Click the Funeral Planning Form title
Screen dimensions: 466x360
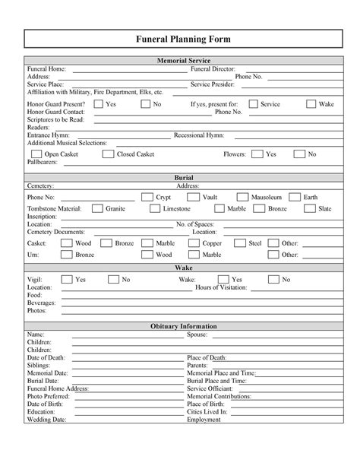coord(179,39)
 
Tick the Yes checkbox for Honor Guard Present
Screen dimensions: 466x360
coord(98,103)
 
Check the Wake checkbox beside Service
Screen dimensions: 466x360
coord(311,103)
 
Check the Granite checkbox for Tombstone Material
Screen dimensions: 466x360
coord(97,208)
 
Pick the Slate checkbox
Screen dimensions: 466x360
coord(309,208)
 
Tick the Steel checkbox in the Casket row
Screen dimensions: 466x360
coord(239,243)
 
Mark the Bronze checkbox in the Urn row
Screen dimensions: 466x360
coord(66,255)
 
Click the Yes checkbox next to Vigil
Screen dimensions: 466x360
coord(66,280)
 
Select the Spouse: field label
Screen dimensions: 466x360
coord(198,334)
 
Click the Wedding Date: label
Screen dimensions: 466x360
coord(46,419)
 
